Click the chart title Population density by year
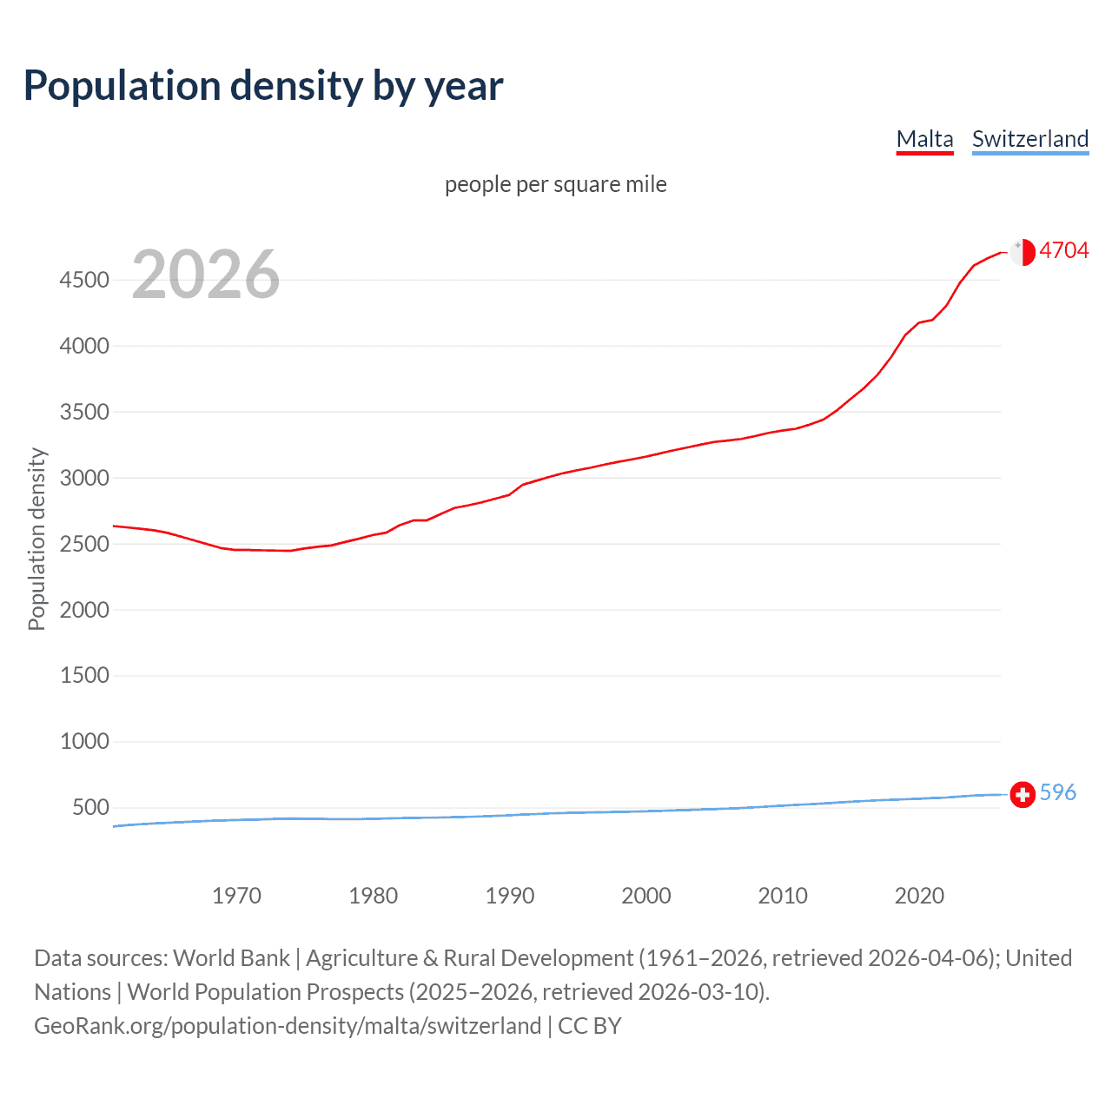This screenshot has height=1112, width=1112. pyautogui.click(x=263, y=86)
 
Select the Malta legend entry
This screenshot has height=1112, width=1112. pyautogui.click(x=924, y=139)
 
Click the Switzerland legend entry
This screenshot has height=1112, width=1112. pyautogui.click(x=1029, y=139)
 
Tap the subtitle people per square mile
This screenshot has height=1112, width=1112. pyautogui.click(x=556, y=184)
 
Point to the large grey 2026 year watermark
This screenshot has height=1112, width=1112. pyautogui.click(x=206, y=275)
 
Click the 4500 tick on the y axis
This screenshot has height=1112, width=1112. pyautogui.click(x=84, y=280)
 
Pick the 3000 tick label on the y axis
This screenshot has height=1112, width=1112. pyautogui.click(x=84, y=478)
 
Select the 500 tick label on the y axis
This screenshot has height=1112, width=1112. pyautogui.click(x=90, y=807)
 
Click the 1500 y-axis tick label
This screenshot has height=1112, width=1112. pyautogui.click(x=84, y=675)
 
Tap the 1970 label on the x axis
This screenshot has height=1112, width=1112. pyautogui.click(x=236, y=896)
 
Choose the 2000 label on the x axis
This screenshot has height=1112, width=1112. pyautogui.click(x=645, y=896)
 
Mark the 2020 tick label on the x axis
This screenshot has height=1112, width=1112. pyautogui.click(x=919, y=896)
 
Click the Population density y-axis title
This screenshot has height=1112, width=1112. pyautogui.click(x=36, y=539)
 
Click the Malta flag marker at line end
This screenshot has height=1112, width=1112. pyautogui.click(x=1023, y=252)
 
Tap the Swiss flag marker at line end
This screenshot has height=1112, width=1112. pyautogui.click(x=1023, y=794)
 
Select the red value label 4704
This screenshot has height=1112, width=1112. pyautogui.click(x=1063, y=250)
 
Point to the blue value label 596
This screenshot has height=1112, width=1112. pyautogui.click(x=1057, y=792)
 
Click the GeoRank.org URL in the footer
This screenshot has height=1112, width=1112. pyautogui.click(x=288, y=1026)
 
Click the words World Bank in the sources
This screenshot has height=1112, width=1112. pyautogui.click(x=231, y=958)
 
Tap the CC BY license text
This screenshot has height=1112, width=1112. pyautogui.click(x=589, y=1026)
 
